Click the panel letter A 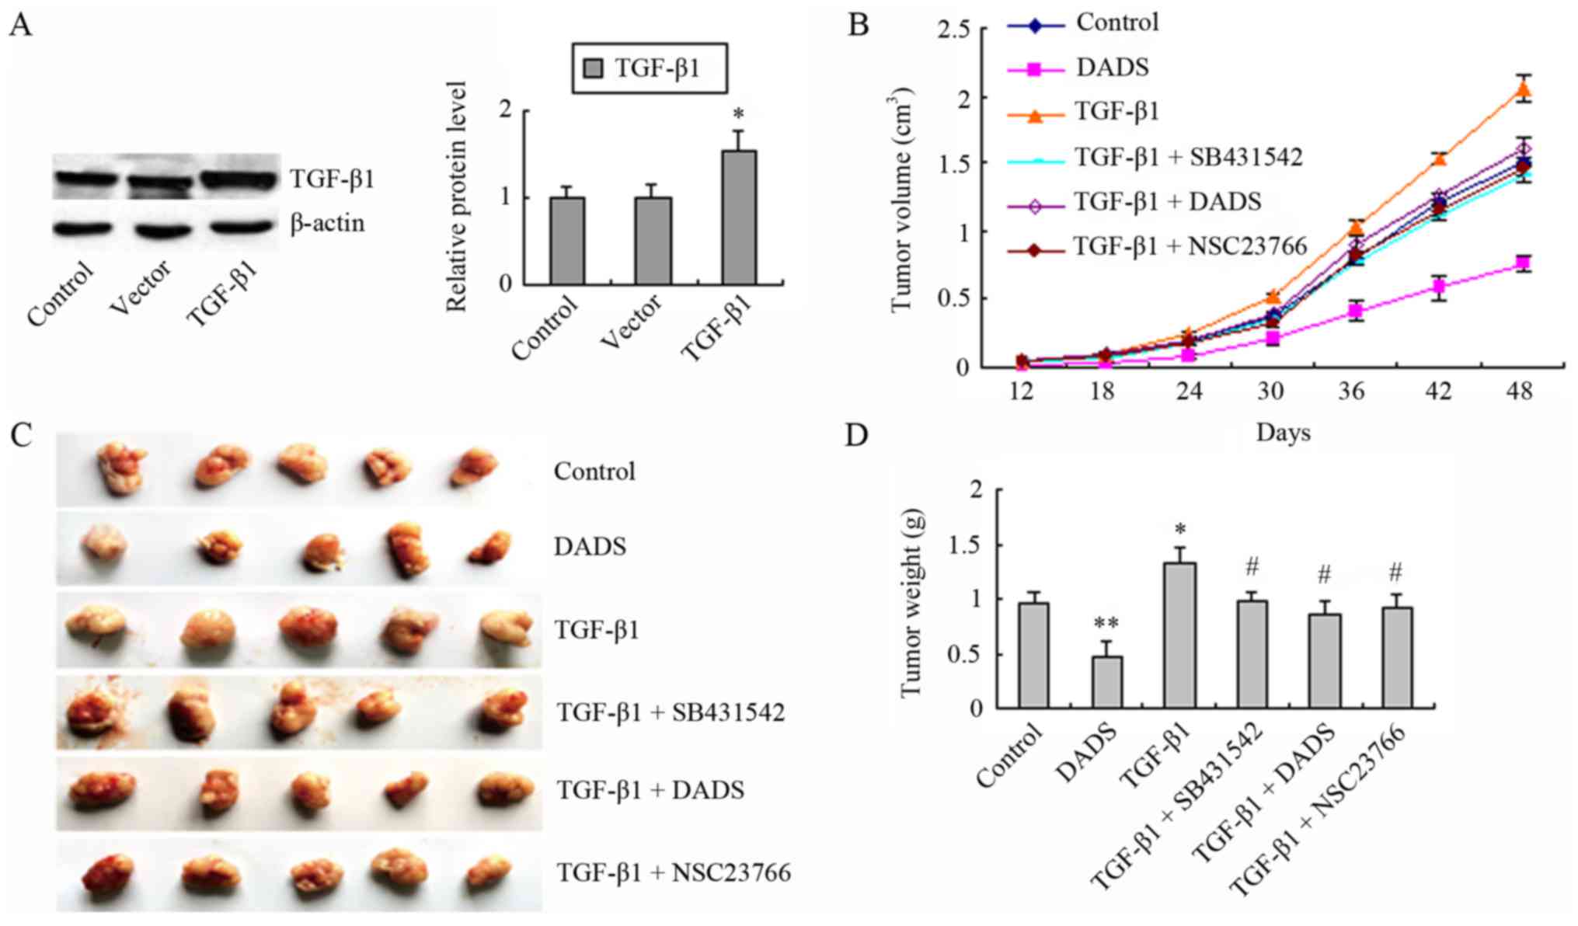[x=21, y=25]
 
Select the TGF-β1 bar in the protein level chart [x=738, y=218]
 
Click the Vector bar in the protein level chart [x=653, y=241]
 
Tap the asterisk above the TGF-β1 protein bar [x=738, y=116]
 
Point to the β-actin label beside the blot [x=327, y=224]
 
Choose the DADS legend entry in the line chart [x=1112, y=68]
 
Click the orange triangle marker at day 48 [x=1524, y=91]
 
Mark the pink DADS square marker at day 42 [x=1439, y=287]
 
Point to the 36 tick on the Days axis [x=1351, y=392]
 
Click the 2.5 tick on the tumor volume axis [x=954, y=30]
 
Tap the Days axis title [x=1283, y=433]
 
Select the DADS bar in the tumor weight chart [x=1106, y=682]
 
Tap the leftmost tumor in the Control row [x=121, y=468]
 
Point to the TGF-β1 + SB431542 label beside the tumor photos [x=670, y=712]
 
